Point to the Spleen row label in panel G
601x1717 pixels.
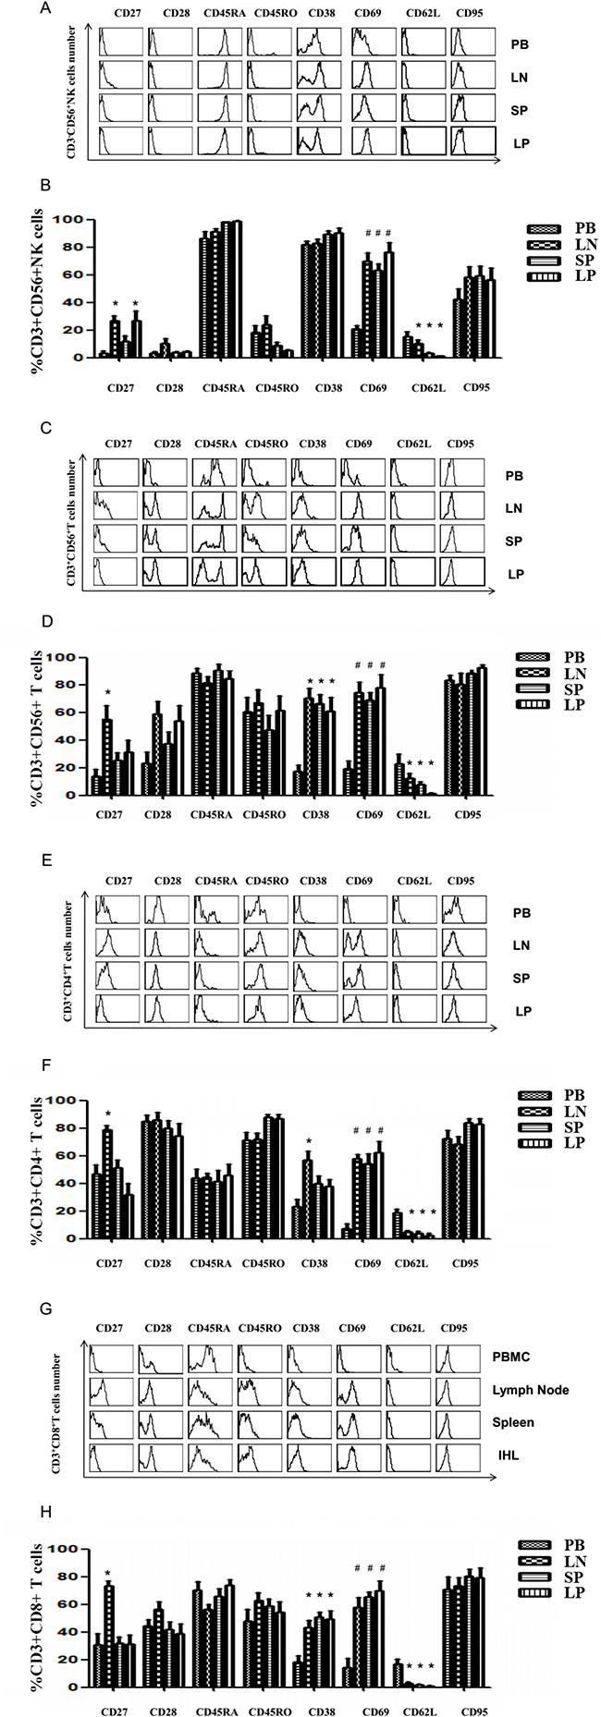pos(512,1422)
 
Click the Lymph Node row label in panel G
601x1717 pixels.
pos(530,1390)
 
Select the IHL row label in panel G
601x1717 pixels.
pos(505,1454)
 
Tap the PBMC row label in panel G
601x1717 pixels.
pos(511,1358)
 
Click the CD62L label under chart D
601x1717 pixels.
pos(410,815)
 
